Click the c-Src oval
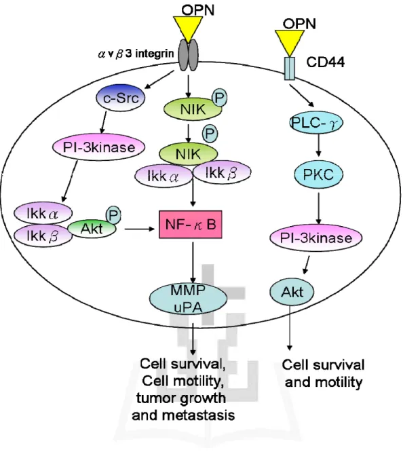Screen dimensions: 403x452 point(120,98)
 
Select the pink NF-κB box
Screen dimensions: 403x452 point(191,225)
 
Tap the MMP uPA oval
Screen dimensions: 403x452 point(188,299)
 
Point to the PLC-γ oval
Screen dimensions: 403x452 point(316,123)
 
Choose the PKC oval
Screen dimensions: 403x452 point(319,174)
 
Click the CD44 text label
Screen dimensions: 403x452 point(325,62)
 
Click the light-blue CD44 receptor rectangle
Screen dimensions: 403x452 point(290,69)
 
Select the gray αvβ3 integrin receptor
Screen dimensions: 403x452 point(188,55)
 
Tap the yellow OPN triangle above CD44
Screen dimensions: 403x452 point(290,43)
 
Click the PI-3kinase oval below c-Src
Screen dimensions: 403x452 point(98,147)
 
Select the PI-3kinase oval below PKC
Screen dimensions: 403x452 point(316,238)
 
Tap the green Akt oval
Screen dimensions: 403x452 point(92,229)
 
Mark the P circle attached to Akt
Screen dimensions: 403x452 point(113,214)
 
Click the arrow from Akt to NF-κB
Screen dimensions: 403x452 point(140,229)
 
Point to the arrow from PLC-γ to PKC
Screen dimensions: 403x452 point(318,145)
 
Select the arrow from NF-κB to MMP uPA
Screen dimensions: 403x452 point(193,263)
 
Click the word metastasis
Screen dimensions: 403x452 point(199,415)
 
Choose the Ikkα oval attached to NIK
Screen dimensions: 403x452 point(164,176)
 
